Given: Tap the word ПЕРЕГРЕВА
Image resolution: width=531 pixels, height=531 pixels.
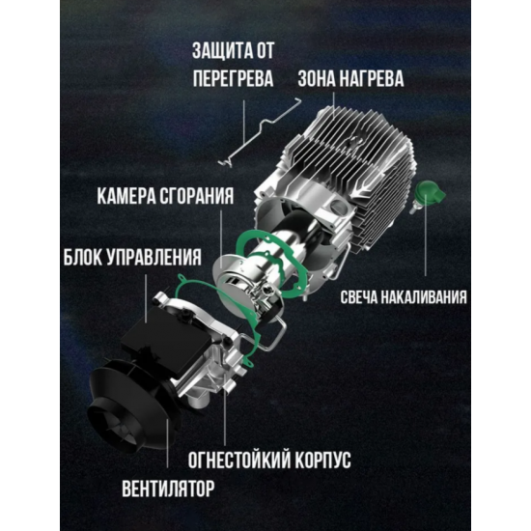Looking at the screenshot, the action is [x=233, y=78].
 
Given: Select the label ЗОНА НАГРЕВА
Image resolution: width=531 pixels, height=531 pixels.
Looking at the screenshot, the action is [x=350, y=78].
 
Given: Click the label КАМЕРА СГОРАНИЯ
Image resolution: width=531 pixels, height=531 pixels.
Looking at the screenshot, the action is [x=165, y=196].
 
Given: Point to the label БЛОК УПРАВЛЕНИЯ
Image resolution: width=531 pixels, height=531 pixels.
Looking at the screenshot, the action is [x=132, y=257].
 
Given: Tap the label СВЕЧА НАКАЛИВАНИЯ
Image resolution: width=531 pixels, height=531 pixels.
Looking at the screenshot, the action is [x=404, y=297].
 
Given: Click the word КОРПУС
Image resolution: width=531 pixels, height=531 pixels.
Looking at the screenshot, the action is [x=322, y=460].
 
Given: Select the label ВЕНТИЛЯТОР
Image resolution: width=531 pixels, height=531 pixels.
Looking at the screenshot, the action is [x=168, y=489].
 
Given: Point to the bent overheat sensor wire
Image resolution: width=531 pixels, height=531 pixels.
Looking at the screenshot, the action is [x=260, y=132].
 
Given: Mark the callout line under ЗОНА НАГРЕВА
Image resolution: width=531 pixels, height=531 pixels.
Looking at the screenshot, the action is [x=334, y=105].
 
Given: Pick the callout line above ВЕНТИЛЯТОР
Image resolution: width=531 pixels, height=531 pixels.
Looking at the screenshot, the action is [x=167, y=443].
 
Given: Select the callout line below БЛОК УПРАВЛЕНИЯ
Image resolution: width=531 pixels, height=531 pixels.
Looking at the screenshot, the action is [x=146, y=298].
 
